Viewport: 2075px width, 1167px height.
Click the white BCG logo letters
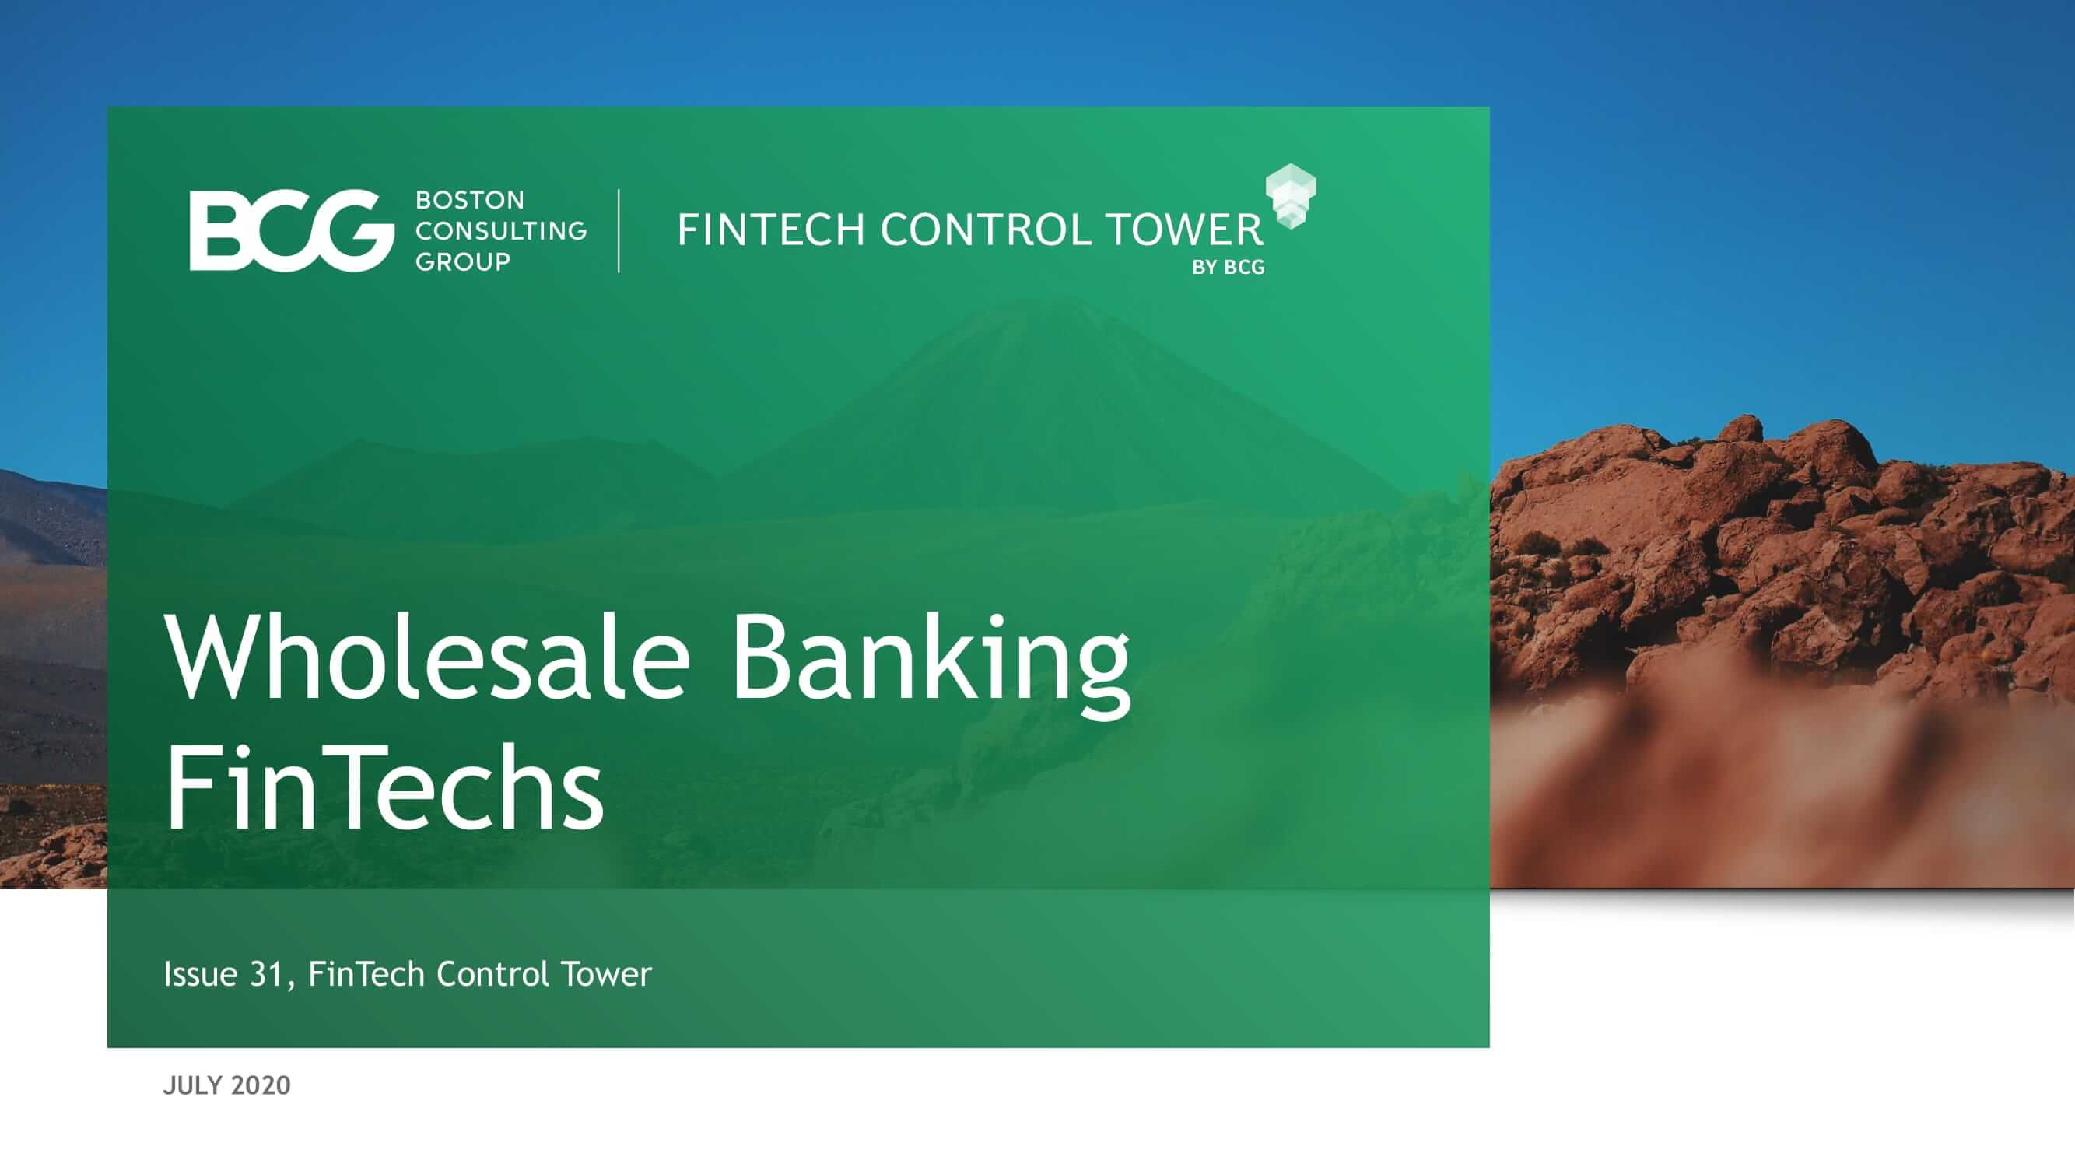pos(292,230)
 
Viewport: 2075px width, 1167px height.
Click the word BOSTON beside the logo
pos(470,200)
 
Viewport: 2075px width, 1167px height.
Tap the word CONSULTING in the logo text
pos(501,230)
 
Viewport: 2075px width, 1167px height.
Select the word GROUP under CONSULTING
pos(462,261)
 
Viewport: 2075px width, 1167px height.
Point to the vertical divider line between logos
pos(619,230)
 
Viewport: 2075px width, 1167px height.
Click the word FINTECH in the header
pos(772,230)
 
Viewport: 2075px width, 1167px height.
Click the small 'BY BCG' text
pos(1229,268)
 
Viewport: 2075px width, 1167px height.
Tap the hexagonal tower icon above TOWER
pos(1291,196)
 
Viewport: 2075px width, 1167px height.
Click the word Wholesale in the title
pos(428,657)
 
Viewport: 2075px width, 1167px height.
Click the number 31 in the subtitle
pos(267,975)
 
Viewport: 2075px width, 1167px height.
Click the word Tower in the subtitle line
pos(607,975)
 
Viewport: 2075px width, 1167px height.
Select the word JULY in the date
pos(192,1085)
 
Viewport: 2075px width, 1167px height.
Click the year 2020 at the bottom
pos(260,1085)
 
